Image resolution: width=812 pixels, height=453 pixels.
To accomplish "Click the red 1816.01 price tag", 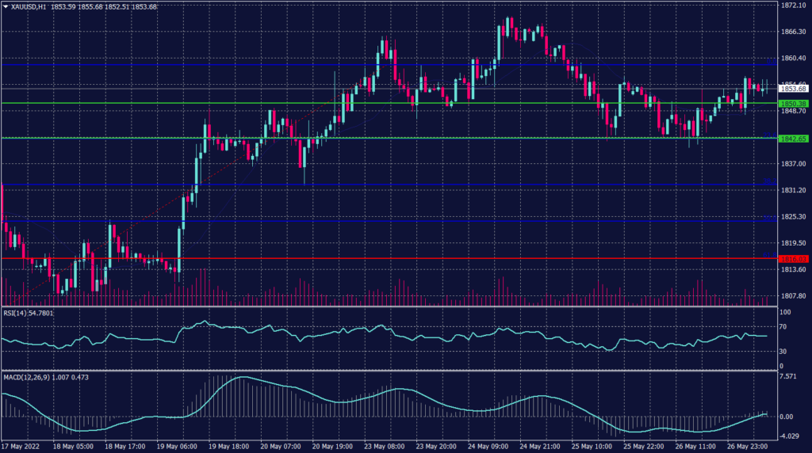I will [792, 259].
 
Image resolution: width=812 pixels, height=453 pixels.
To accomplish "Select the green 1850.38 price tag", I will [792, 104].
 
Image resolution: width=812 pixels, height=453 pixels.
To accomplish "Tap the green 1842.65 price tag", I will [792, 139].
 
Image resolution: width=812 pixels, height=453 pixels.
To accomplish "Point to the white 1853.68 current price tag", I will [792, 89].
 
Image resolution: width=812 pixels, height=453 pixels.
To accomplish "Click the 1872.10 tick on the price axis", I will [792, 5].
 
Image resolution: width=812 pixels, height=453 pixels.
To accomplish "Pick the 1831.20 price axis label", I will [792, 190].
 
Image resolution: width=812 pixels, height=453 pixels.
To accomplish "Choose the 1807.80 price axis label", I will [792, 295].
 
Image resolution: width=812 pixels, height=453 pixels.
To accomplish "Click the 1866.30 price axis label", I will [792, 32].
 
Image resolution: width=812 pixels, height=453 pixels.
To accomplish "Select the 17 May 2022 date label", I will [21, 447].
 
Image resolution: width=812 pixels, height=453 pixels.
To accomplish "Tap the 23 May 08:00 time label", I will [385, 447].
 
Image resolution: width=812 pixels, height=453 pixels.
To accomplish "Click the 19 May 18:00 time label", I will [228, 447].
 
